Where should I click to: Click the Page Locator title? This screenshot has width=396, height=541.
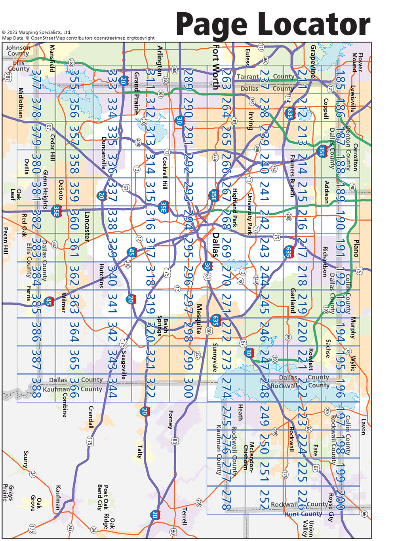(273, 25)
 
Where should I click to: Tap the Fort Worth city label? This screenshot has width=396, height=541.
(216, 67)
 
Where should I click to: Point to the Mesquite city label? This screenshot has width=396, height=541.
(199, 319)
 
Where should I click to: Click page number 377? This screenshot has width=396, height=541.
(36, 79)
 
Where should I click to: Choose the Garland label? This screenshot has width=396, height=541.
(293, 301)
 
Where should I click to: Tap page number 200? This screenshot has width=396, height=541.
(340, 500)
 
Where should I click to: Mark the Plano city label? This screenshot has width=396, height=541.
(356, 249)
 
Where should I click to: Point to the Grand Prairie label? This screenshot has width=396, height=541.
(137, 93)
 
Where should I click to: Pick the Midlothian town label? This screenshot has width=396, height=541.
(21, 103)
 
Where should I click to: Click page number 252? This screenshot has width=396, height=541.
(265, 500)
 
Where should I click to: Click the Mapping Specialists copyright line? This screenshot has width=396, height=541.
(37, 32)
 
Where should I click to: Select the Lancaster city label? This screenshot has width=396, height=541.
(87, 226)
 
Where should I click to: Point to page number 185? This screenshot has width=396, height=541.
(340, 79)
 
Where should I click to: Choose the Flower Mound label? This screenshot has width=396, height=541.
(358, 62)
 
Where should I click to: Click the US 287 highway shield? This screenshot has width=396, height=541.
(8, 77)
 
